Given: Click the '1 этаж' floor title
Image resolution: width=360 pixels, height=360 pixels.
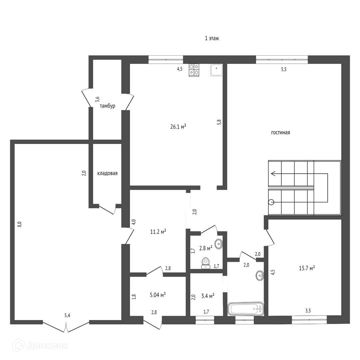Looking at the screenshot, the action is (212, 38).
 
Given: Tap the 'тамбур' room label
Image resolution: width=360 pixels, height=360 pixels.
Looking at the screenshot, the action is (107, 106).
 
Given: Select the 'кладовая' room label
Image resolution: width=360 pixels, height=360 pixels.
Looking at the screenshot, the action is (107, 173).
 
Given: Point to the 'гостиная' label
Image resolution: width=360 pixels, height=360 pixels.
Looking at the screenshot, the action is (280, 132).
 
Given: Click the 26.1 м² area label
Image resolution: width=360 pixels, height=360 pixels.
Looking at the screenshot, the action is (178, 126).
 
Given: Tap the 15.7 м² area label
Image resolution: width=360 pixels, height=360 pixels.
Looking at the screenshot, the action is (307, 268).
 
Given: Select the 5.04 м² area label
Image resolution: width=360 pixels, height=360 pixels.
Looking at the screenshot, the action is (158, 295).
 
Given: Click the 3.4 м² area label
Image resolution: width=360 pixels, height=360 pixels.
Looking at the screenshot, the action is (208, 296).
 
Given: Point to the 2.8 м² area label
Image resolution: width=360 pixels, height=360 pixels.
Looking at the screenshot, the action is (206, 248).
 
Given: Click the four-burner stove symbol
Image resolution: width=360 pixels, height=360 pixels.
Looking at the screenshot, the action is (194, 70).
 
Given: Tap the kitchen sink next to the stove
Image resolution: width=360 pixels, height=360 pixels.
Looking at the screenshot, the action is (216, 70).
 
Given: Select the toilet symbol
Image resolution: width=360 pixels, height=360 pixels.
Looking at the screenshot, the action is (205, 263).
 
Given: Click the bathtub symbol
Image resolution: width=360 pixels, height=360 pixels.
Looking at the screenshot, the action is (246, 309).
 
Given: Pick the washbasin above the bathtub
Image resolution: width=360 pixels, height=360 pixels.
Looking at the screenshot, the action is (260, 275).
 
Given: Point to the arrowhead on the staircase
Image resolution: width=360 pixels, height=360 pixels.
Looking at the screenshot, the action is (273, 173).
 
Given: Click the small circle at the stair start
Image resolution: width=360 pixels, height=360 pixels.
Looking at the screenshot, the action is (271, 202).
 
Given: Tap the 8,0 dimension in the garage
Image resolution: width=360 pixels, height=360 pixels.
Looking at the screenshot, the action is (20, 224).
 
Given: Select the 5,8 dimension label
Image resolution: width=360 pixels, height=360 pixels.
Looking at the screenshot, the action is (219, 122).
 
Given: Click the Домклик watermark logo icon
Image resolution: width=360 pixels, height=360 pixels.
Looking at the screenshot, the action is (19, 345).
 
